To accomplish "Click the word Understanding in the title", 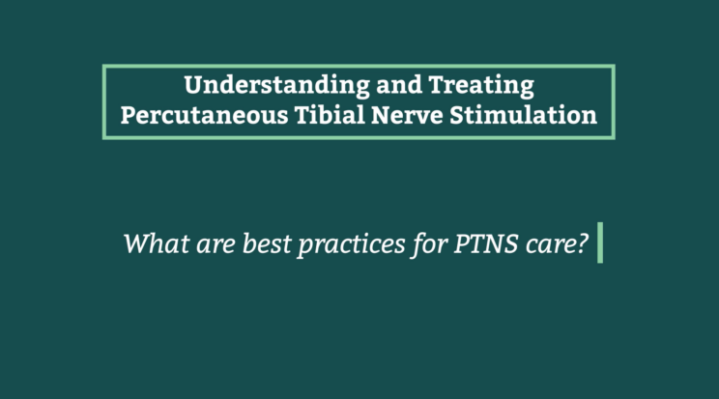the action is (277, 85).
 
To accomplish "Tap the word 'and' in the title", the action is (399, 85).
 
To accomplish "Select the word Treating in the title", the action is (481, 86).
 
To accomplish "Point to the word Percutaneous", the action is (205, 115).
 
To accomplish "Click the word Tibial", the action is (330, 114).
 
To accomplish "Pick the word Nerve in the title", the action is (407, 115).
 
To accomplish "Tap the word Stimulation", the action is (523, 114).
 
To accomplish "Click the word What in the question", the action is (157, 243).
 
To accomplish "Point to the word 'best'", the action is (267, 243).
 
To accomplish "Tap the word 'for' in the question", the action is (429, 244).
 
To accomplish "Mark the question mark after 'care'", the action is (580, 243).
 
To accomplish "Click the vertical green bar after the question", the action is (600, 242).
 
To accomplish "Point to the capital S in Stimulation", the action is (458, 115).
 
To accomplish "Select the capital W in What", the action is (140, 243).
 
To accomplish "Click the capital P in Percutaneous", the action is (129, 115).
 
